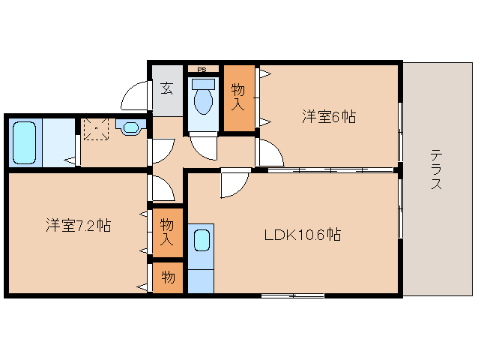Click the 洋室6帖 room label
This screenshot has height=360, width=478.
328,116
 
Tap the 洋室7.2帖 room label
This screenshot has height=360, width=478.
78,225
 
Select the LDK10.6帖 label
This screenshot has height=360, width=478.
303,235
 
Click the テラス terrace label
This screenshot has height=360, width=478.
436,170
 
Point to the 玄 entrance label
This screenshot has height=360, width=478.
166,88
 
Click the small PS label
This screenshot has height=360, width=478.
202,70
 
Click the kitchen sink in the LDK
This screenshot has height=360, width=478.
201,241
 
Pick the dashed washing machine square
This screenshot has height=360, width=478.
96,128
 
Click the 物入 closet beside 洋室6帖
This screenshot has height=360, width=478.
239,98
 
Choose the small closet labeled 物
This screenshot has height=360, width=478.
168,277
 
